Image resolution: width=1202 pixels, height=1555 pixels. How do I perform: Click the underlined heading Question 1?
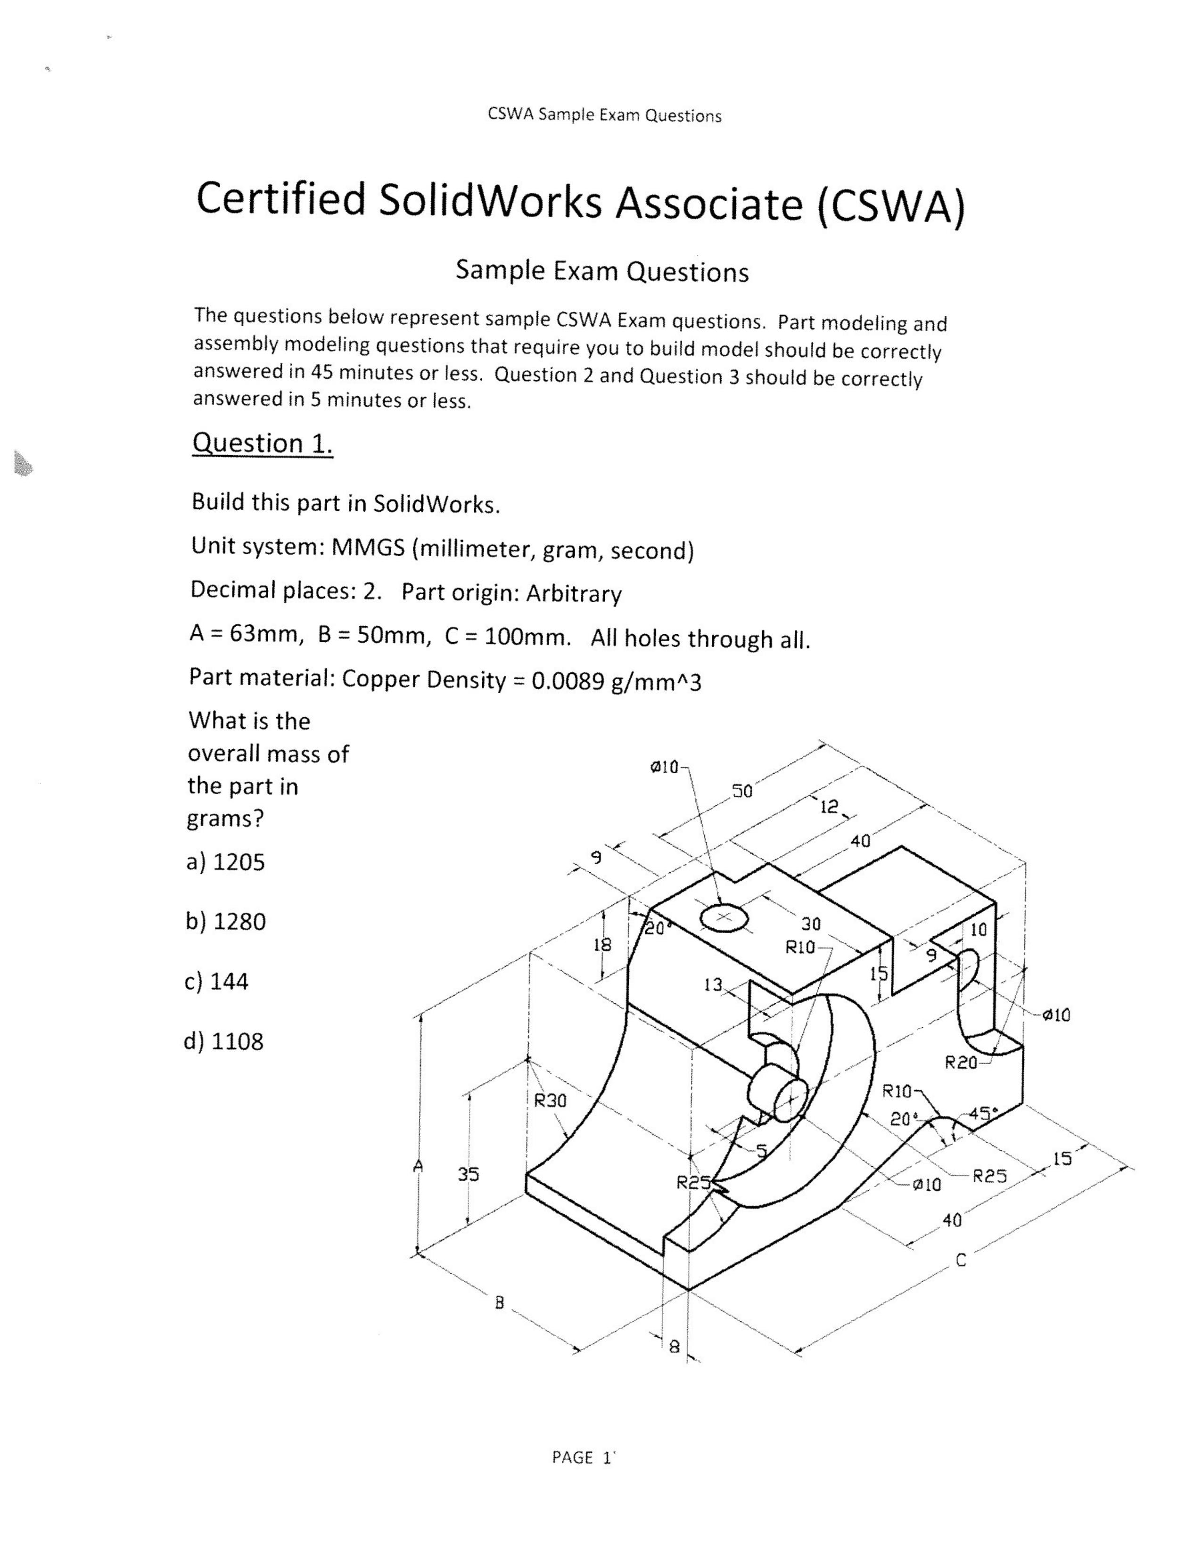point(262,443)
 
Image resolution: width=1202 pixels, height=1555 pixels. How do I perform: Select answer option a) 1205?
point(225,862)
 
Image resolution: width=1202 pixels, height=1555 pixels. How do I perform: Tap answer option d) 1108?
point(223,1042)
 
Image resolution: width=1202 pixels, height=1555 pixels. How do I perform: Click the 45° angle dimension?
point(983,1113)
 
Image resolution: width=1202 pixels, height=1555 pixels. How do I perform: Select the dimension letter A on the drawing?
point(419,1165)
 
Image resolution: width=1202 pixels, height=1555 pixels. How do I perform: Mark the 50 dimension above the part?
point(741,792)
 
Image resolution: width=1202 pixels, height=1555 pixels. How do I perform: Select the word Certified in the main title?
point(280,200)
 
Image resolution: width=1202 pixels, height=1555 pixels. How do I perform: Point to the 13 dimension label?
point(713,985)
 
